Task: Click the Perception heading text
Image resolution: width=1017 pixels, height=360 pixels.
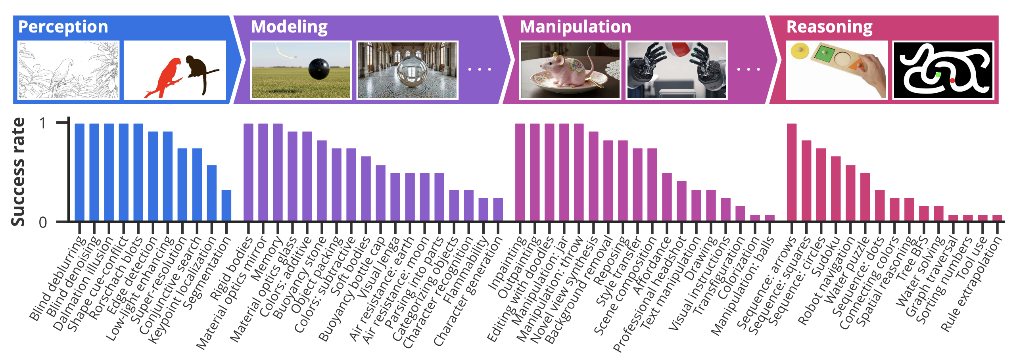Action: click(63, 27)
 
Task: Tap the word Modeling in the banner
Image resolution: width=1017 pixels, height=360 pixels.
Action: click(289, 27)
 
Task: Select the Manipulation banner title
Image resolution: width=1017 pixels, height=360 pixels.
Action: click(575, 27)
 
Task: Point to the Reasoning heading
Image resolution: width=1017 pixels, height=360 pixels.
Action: click(829, 27)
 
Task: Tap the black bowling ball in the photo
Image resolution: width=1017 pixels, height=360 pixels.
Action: click(319, 68)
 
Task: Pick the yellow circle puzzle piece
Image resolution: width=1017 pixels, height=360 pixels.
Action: click(799, 51)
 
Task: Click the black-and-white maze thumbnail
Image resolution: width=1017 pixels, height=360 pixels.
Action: click(943, 70)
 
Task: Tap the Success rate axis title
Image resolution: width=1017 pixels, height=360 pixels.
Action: click(18, 172)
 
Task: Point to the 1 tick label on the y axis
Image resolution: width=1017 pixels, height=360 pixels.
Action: click(43, 123)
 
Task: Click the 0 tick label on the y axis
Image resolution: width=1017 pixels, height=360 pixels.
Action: click(43, 222)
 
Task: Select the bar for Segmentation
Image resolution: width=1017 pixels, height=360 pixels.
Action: click(226, 205)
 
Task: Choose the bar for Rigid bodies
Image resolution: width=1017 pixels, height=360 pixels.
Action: click(248, 172)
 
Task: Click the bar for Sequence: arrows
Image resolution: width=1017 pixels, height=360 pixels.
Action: click(792, 172)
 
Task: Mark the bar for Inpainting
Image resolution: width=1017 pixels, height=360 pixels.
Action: click(520, 172)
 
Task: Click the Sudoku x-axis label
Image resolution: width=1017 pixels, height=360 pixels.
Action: click(827, 257)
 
